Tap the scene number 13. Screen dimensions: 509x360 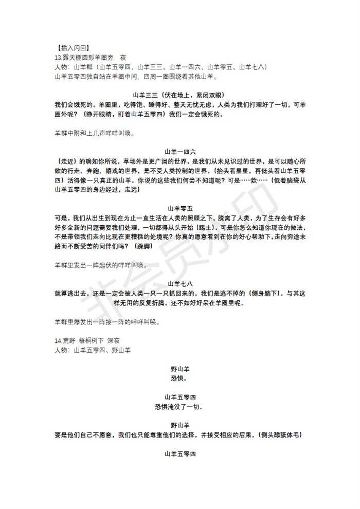tap(58, 58)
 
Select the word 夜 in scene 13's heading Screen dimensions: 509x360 tap(123, 58)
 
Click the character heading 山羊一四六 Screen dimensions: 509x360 tap(180, 152)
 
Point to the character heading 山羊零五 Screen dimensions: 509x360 tap(180, 208)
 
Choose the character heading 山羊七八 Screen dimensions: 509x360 tap(180, 284)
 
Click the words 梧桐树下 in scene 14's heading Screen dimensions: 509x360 tap(93, 341)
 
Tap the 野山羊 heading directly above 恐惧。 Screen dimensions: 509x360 tap(180, 369)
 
